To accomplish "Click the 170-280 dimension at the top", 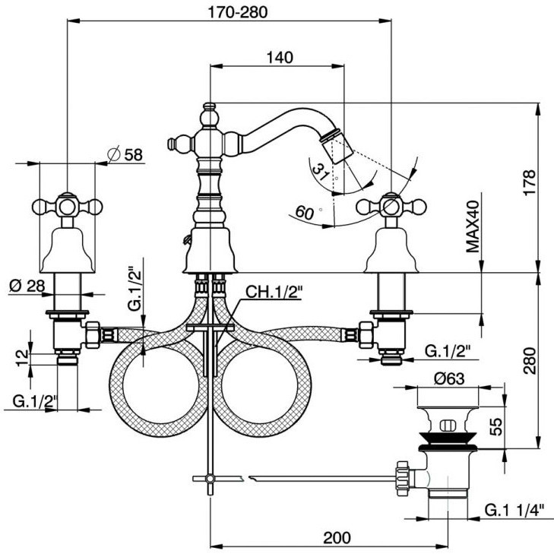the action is (x=237, y=12).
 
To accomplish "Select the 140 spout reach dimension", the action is (x=280, y=57).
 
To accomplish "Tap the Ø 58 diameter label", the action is (x=125, y=154).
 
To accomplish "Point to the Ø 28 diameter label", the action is (x=27, y=286).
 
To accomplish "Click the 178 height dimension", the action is (x=530, y=182).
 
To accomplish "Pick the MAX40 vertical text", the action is (x=473, y=226).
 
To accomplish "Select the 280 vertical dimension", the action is (x=530, y=361).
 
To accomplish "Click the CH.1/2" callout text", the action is (x=274, y=292).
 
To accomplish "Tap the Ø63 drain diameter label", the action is (x=448, y=378).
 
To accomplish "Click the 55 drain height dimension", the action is (x=496, y=426).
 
